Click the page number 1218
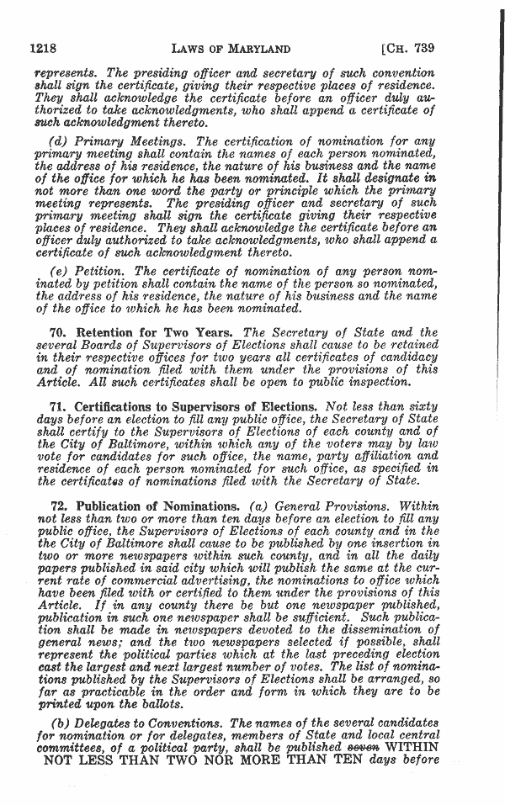[x=43, y=49]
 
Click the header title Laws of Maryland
[x=238, y=49]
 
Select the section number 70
[x=59, y=331]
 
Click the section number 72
[x=59, y=507]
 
